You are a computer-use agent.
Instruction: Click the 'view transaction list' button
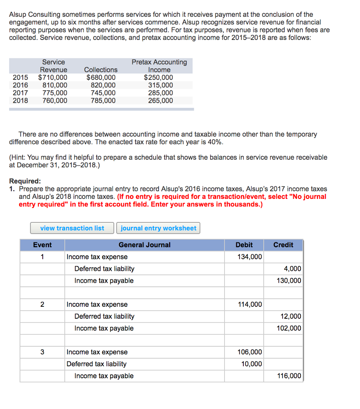(x=72, y=228)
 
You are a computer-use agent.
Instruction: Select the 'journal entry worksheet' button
(x=158, y=228)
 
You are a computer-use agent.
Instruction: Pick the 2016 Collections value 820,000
(x=103, y=85)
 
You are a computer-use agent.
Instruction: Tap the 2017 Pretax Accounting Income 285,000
(x=160, y=93)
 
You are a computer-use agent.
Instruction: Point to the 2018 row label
(x=20, y=100)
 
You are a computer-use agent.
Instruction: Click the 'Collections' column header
(x=101, y=70)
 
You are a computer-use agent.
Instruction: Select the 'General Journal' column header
(x=144, y=245)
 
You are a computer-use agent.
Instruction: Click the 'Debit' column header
(x=244, y=245)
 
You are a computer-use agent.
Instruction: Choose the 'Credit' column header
(x=283, y=245)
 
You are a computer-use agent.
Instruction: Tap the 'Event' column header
(x=42, y=245)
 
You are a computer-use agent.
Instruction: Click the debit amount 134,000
(x=250, y=257)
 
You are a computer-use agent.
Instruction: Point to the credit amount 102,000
(x=289, y=328)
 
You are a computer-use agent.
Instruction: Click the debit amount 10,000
(x=252, y=364)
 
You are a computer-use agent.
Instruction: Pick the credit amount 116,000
(x=289, y=376)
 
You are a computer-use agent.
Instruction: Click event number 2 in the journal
(x=42, y=304)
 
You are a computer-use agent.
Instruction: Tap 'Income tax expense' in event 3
(x=97, y=352)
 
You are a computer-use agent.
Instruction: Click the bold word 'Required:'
(x=25, y=181)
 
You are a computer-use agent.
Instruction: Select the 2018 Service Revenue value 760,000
(x=55, y=100)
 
